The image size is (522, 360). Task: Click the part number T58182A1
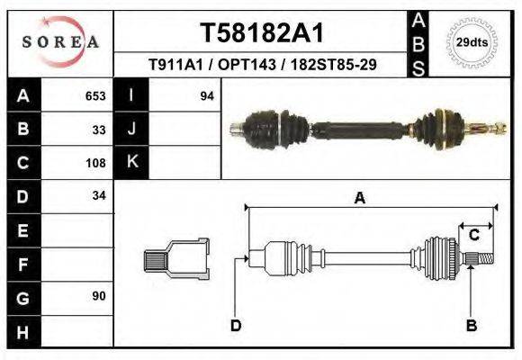pyautogui.click(x=261, y=33)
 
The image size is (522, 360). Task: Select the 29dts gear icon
pyautogui.click(x=472, y=42)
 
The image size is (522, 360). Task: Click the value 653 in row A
pyautogui.click(x=95, y=96)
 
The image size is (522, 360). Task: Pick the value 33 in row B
pyautogui.click(x=99, y=130)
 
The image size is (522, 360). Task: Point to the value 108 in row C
pyautogui.click(x=95, y=164)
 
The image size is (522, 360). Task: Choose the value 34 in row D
pyautogui.click(x=99, y=195)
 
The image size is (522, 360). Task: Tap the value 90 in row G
pyautogui.click(x=99, y=296)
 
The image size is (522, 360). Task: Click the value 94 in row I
pyautogui.click(x=207, y=96)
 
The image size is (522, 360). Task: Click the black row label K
pyautogui.click(x=132, y=163)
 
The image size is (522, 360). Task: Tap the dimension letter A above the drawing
pyautogui.click(x=360, y=199)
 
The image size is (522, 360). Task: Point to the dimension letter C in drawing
pyautogui.click(x=473, y=235)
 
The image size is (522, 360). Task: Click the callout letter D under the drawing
pyautogui.click(x=236, y=325)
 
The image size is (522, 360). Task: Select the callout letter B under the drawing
pyautogui.click(x=471, y=325)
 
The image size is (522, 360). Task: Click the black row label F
pyautogui.click(x=22, y=264)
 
